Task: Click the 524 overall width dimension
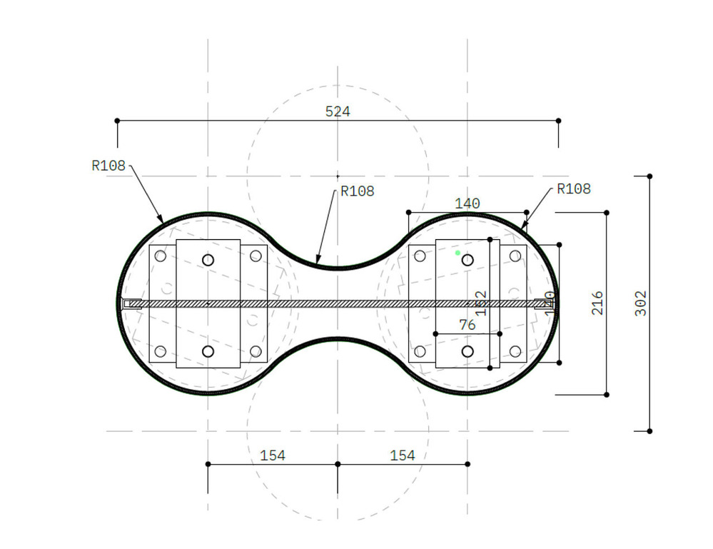[338, 111]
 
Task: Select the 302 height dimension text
[641, 303]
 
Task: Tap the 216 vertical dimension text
[597, 303]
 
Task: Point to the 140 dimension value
[467, 203]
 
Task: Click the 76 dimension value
[467, 325]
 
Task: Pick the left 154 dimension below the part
[273, 455]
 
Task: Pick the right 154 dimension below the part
[403, 455]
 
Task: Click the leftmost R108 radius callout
[108, 166]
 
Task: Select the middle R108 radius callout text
[357, 191]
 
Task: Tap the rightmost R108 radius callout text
[573, 189]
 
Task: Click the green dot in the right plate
[457, 253]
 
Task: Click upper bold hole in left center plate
[208, 260]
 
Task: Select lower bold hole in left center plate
[208, 351]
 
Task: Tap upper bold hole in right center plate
[467, 260]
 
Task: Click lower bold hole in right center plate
[467, 351]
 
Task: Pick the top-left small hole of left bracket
[160, 256]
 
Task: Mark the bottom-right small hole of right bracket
[515, 351]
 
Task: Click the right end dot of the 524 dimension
[558, 121]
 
